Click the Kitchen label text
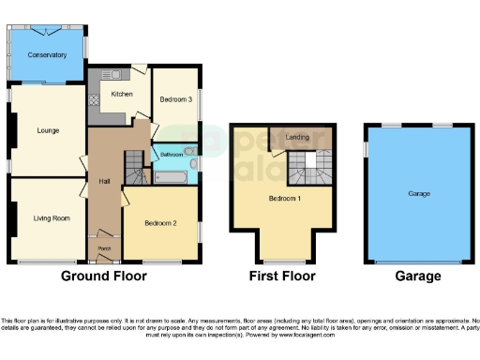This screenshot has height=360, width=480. coord(123,94)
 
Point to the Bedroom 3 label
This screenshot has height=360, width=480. coord(175,99)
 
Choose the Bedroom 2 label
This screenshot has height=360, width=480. coord(161,223)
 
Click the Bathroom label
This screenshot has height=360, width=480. coord(171,154)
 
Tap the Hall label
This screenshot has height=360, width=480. coord(106,181)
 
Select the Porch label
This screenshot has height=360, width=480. coord(104,248)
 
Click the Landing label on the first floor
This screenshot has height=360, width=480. coord(298,138)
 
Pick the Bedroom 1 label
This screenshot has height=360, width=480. coord(285,198)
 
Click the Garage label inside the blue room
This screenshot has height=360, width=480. coord(418,193)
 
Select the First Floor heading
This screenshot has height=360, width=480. coord(282,277)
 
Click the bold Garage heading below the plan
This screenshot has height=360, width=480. coord(417,277)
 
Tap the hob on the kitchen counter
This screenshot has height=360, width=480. coord(94,99)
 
